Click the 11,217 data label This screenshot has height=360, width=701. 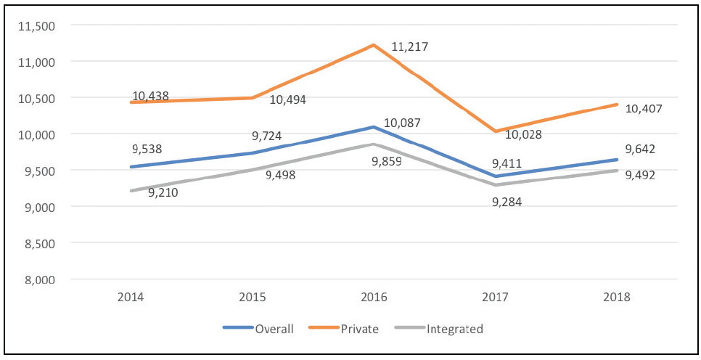point(410,47)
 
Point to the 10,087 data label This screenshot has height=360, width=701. point(402,123)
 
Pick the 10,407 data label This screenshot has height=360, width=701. point(644,109)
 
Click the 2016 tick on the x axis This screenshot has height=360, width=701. point(374,297)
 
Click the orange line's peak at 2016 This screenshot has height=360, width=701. point(374,45)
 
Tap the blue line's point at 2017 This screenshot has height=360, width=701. point(495,176)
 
